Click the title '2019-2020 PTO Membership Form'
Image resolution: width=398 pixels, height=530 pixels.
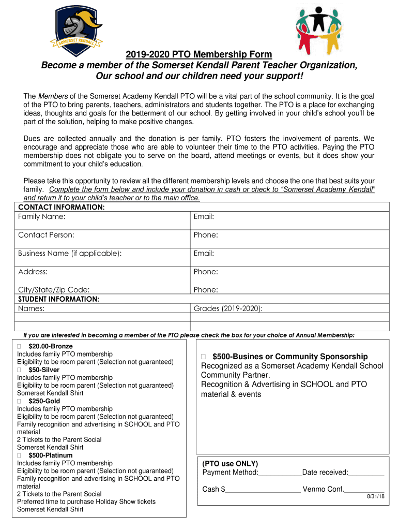pyautogui.click(x=199, y=55)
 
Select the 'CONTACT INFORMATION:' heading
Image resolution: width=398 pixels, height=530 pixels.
pyautogui.click(x=61, y=207)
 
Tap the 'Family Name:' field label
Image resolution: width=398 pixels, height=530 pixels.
pyautogui.click(x=41, y=216)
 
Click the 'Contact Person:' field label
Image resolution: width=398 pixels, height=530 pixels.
pyautogui.click(x=46, y=235)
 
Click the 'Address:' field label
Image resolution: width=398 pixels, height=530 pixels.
pyautogui.click(x=33, y=272)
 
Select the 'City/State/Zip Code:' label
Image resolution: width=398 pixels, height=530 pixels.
pyautogui.click(x=54, y=290)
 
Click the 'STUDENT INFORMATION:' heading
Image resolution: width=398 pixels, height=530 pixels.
pyautogui.click(x=58, y=299)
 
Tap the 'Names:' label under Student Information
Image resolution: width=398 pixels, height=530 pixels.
pyautogui.click(x=31, y=308)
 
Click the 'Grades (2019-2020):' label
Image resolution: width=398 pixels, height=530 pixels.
pyautogui.click(x=228, y=308)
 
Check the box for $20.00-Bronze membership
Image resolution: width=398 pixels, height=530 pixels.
pyautogui.click(x=19, y=346)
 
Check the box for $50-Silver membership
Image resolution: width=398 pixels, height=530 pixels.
pyautogui.click(x=19, y=370)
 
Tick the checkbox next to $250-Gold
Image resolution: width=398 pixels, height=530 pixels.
pyautogui.click(x=19, y=401)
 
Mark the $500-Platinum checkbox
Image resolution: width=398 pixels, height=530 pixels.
pyautogui.click(x=19, y=455)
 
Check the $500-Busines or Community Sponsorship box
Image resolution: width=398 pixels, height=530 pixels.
pyautogui.click(x=203, y=357)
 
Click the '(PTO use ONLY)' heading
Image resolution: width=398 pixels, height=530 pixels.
pyautogui.click(x=230, y=463)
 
